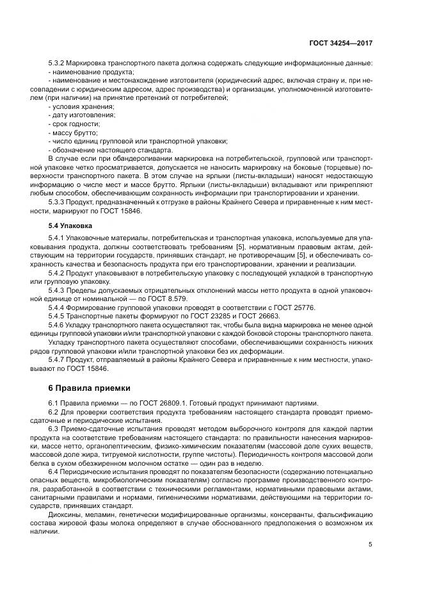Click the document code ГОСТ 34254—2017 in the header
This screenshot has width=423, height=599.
point(342,43)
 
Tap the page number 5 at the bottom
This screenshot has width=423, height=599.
point(371,545)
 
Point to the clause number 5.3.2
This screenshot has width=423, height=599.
point(58,63)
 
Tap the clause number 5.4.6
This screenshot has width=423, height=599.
point(58,325)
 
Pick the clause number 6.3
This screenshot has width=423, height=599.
point(54,428)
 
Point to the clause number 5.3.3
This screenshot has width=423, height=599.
point(58,202)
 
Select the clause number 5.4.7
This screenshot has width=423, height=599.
point(58,359)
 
